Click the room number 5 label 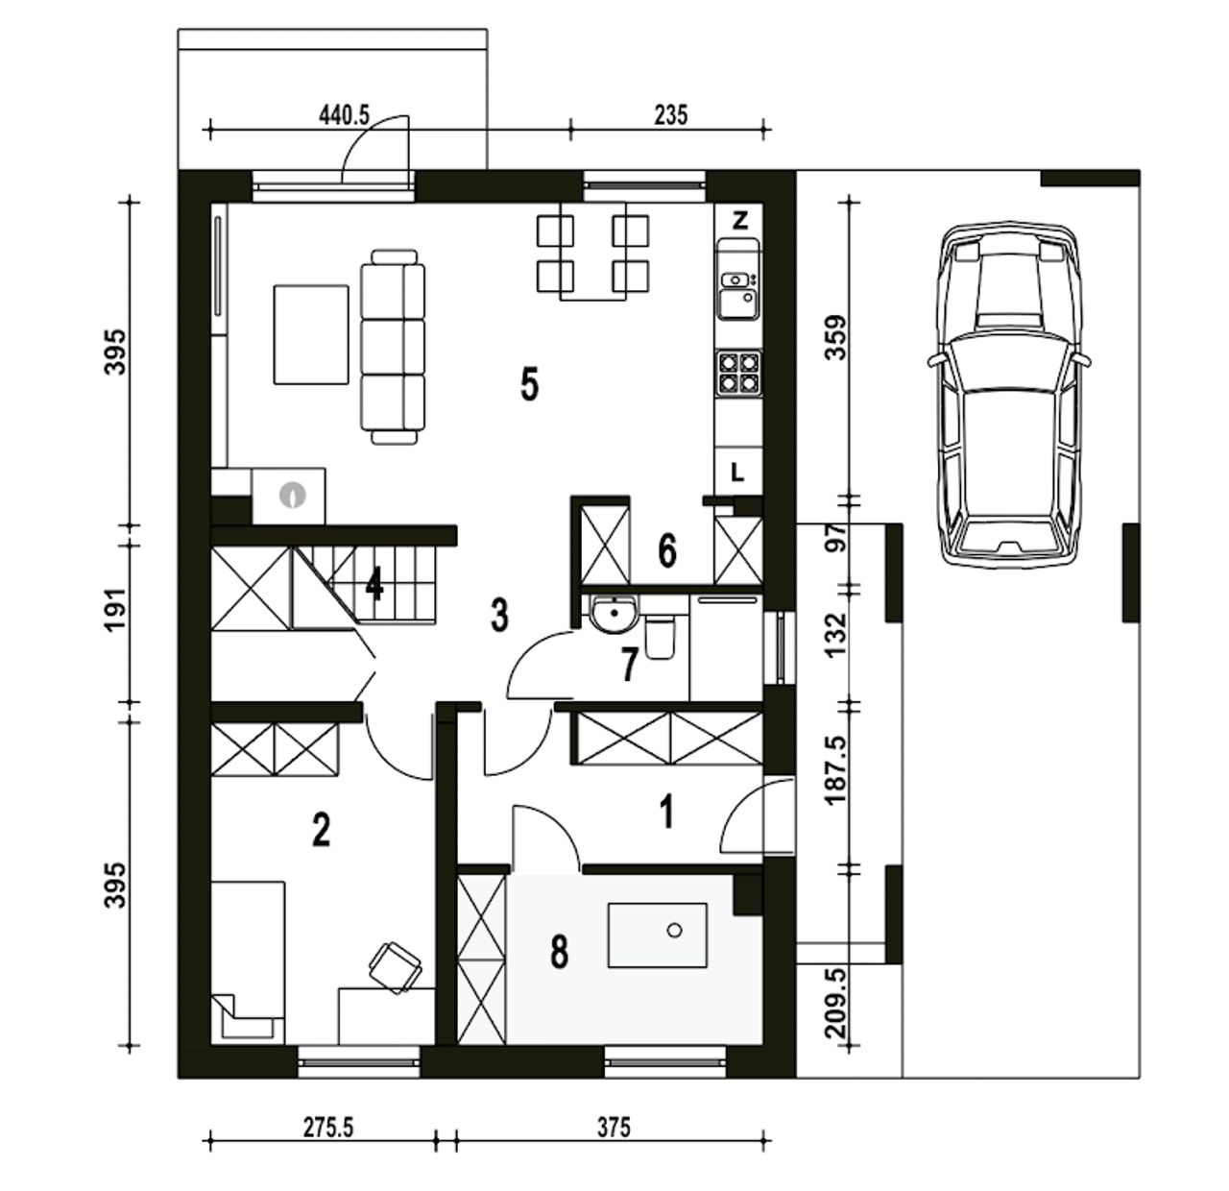tap(529, 384)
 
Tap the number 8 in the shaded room tap(559, 952)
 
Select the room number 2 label tap(321, 830)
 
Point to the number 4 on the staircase tap(374, 583)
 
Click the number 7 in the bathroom tap(628, 665)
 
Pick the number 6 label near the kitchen tap(667, 551)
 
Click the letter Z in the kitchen tap(739, 220)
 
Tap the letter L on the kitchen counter tap(736, 472)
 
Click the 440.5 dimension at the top tap(344, 115)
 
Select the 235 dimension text tap(670, 115)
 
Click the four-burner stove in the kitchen tap(739, 373)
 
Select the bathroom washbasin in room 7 tap(614, 614)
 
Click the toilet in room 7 tap(660, 638)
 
